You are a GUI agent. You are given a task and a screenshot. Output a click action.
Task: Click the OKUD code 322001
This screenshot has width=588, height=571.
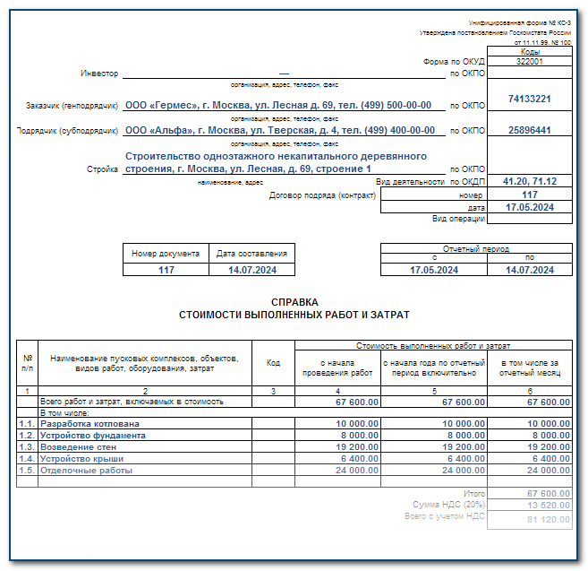tap(530, 62)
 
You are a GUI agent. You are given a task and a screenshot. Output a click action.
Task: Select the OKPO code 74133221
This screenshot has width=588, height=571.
tap(529, 99)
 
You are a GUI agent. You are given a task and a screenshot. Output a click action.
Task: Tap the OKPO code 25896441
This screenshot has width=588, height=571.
tap(529, 130)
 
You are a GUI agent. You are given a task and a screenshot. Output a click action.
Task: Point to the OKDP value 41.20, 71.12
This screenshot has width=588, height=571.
tap(530, 181)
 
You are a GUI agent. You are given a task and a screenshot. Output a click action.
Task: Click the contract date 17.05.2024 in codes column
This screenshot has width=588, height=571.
tap(529, 207)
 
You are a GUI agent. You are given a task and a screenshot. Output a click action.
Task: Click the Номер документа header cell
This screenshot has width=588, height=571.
tap(166, 254)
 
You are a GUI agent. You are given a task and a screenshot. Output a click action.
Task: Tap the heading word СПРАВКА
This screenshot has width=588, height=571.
tap(294, 303)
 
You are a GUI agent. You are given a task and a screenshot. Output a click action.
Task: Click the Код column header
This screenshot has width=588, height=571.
tap(273, 363)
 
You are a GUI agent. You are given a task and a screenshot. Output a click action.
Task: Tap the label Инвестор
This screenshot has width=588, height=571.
tap(98, 74)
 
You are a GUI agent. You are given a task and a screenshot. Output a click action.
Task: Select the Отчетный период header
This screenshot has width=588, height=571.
tap(476, 248)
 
